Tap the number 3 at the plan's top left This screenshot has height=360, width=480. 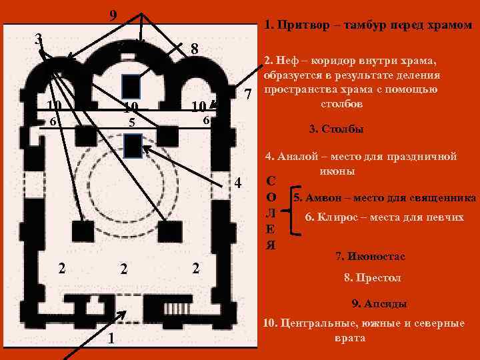39,38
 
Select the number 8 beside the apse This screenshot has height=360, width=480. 193,49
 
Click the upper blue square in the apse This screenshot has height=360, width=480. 131,86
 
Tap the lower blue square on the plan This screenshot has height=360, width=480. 132,144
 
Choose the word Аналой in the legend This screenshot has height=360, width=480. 299,157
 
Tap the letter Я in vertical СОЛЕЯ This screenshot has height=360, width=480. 271,244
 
